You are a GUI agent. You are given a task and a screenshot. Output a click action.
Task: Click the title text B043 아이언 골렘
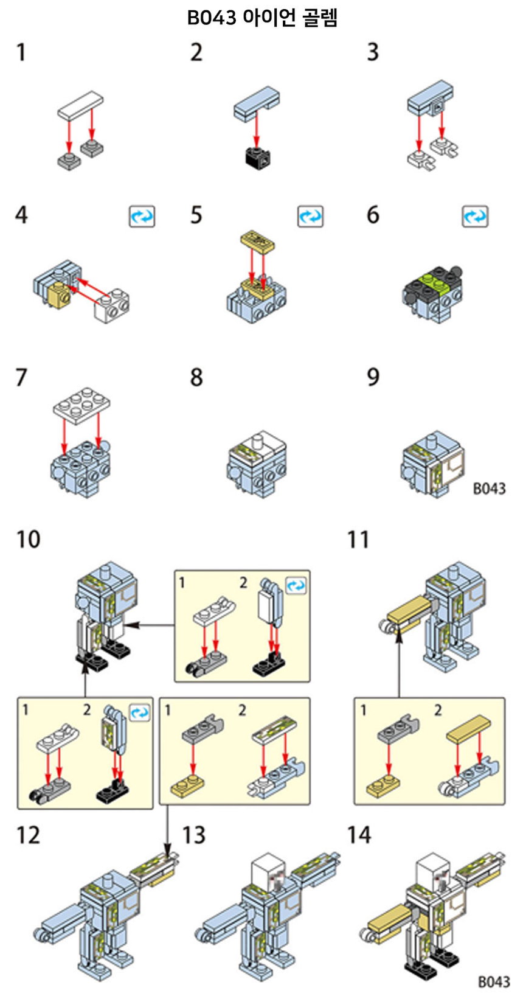point(262,18)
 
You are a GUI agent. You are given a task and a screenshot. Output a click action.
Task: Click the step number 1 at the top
point(21,52)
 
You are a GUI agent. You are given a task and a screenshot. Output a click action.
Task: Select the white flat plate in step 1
point(80,104)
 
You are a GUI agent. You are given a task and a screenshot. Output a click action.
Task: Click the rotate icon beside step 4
point(142,216)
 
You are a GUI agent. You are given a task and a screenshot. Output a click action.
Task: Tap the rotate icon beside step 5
point(310,216)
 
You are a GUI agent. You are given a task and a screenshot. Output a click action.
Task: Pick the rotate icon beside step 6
point(475,216)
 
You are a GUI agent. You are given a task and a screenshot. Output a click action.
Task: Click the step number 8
point(196,377)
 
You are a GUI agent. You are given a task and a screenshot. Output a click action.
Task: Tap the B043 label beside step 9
point(489,488)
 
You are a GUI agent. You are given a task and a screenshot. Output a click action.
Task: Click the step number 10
point(28,539)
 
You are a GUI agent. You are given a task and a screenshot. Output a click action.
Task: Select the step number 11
point(358,539)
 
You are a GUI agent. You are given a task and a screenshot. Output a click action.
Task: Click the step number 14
point(359,835)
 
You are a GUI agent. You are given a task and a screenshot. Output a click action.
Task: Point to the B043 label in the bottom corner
point(493,981)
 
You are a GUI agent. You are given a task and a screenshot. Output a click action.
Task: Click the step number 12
point(28,835)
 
